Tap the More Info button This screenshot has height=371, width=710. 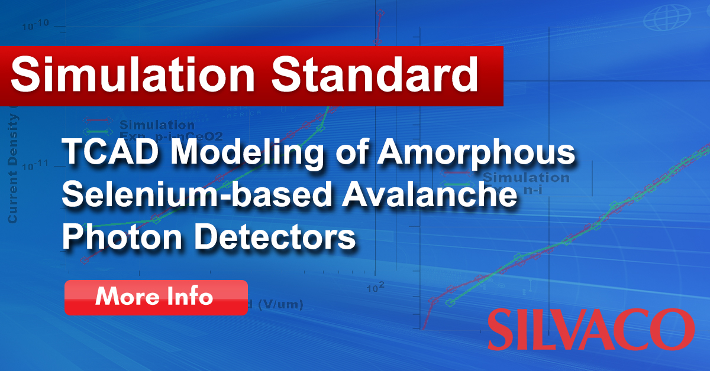click(155, 297)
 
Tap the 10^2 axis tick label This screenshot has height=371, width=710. click(376, 287)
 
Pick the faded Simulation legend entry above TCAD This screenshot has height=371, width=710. click(157, 125)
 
